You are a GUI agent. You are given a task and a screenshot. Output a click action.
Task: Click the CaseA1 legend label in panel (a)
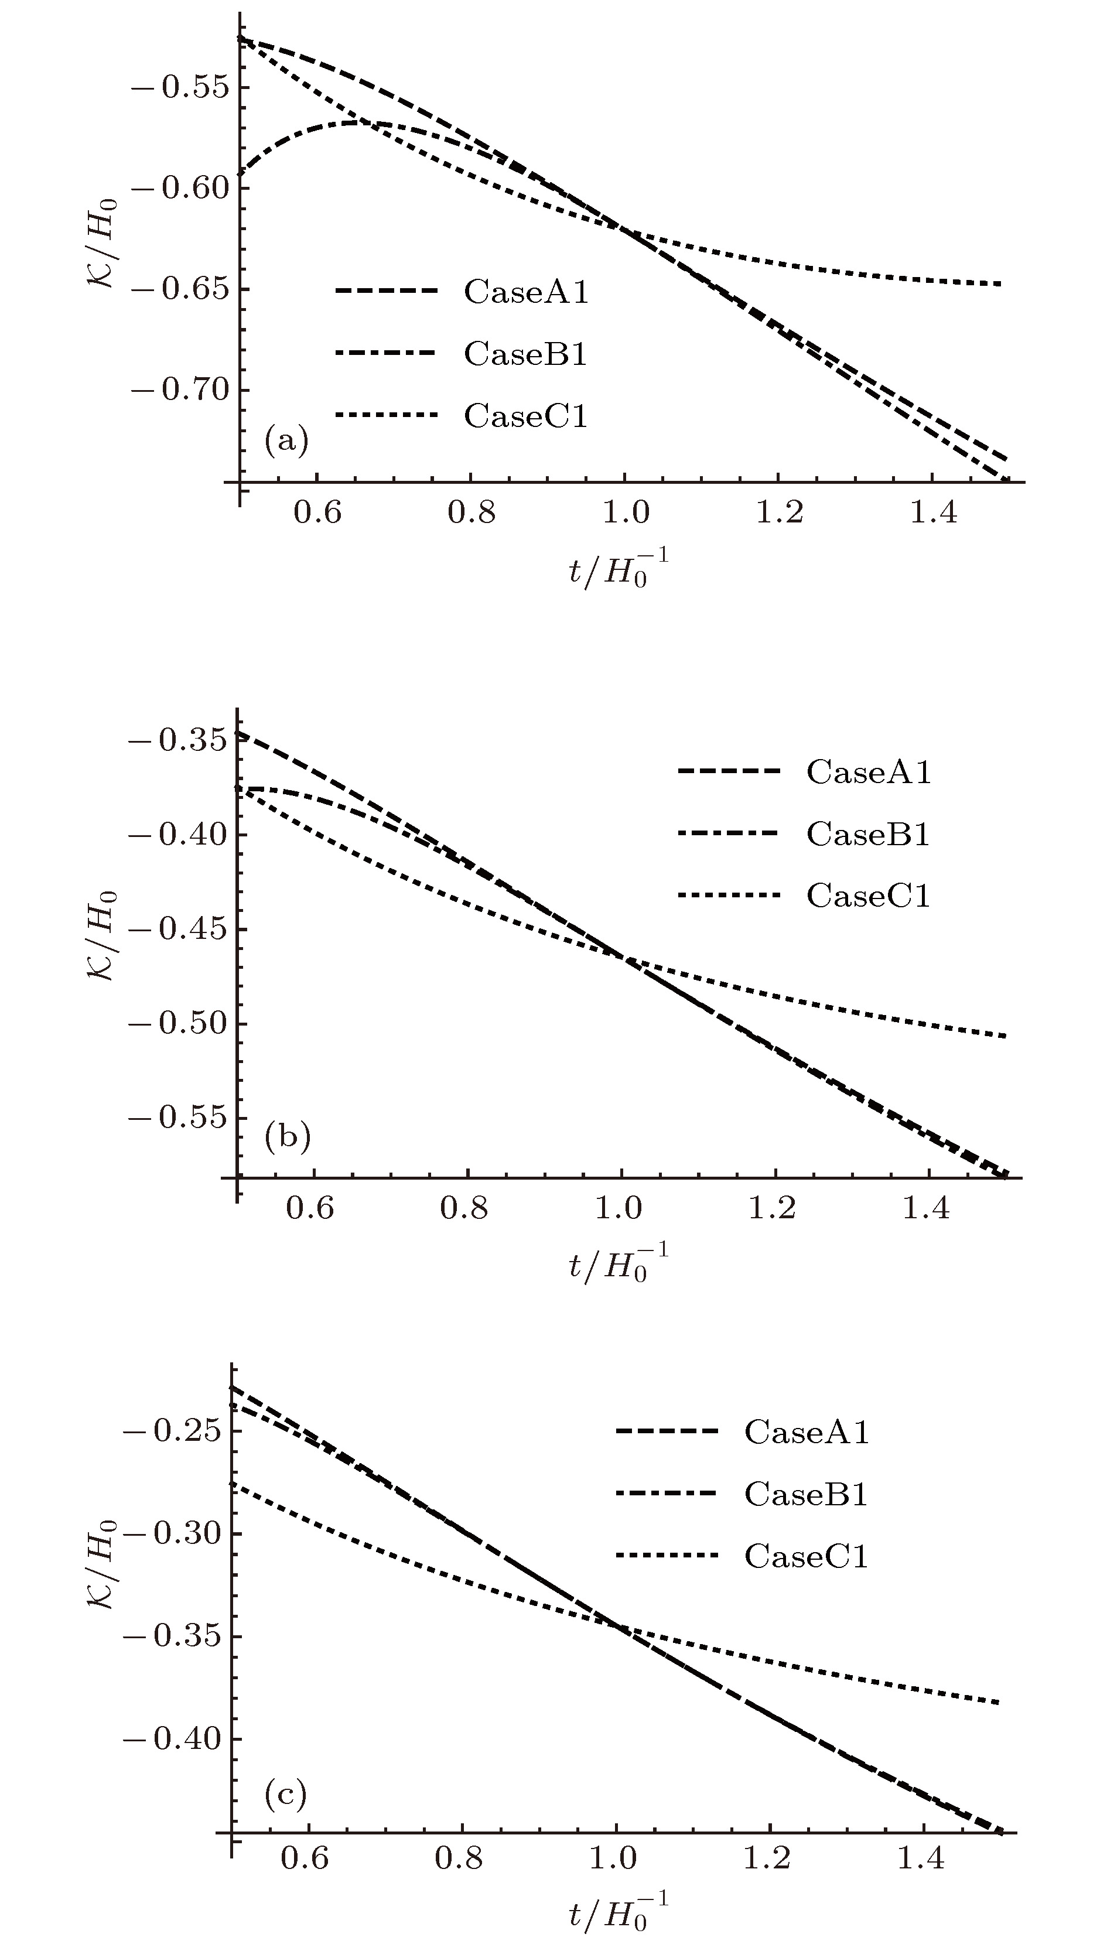[x=526, y=292]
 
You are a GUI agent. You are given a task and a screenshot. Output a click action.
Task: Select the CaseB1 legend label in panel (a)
[x=526, y=354]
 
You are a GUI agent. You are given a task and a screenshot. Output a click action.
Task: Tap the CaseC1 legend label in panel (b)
[x=868, y=896]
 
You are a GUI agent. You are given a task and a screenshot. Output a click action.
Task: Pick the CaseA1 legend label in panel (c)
[x=807, y=1431]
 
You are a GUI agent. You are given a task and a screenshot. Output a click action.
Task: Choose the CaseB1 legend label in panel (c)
[x=807, y=1494]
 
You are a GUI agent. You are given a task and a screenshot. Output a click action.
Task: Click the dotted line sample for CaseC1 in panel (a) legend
[x=387, y=415]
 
